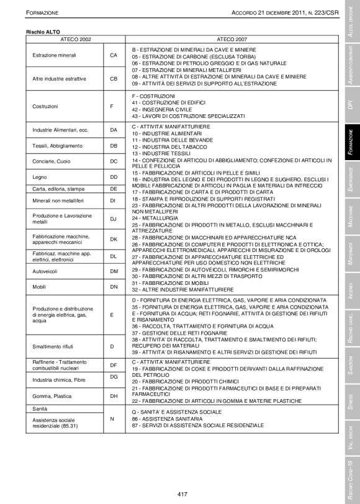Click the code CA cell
(x=114, y=55)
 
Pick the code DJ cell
(x=114, y=218)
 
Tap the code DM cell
(x=114, y=271)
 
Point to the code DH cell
(x=114, y=395)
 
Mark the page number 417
(x=182, y=494)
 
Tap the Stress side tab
(x=351, y=400)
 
